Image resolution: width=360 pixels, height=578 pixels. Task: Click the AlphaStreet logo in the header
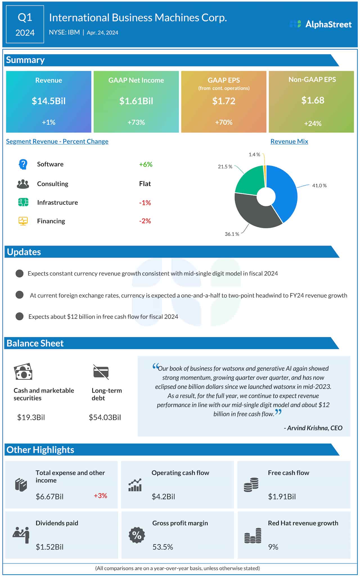(321, 24)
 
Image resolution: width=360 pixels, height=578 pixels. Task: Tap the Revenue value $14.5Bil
(49, 101)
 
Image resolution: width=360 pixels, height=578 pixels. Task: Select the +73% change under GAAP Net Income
(136, 122)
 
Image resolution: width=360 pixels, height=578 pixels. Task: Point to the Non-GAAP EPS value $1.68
(313, 100)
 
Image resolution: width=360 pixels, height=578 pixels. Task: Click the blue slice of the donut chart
(284, 191)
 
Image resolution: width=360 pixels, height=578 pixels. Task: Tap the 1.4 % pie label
(254, 155)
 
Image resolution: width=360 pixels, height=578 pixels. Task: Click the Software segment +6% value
(146, 164)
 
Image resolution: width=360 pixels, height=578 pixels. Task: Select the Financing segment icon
(23, 221)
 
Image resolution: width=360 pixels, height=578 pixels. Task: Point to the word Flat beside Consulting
(145, 184)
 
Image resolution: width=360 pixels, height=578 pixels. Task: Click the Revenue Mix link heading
(289, 141)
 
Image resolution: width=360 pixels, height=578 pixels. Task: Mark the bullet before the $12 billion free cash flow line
(19, 316)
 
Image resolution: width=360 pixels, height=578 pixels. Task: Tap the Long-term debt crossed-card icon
(101, 372)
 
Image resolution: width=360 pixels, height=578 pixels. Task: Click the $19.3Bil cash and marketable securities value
(31, 417)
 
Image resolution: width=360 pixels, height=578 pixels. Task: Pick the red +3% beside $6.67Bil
(100, 496)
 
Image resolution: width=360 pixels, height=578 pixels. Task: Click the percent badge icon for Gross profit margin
(137, 535)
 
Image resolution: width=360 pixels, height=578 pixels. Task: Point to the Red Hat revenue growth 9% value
(273, 547)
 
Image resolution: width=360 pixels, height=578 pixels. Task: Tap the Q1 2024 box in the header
(25, 24)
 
